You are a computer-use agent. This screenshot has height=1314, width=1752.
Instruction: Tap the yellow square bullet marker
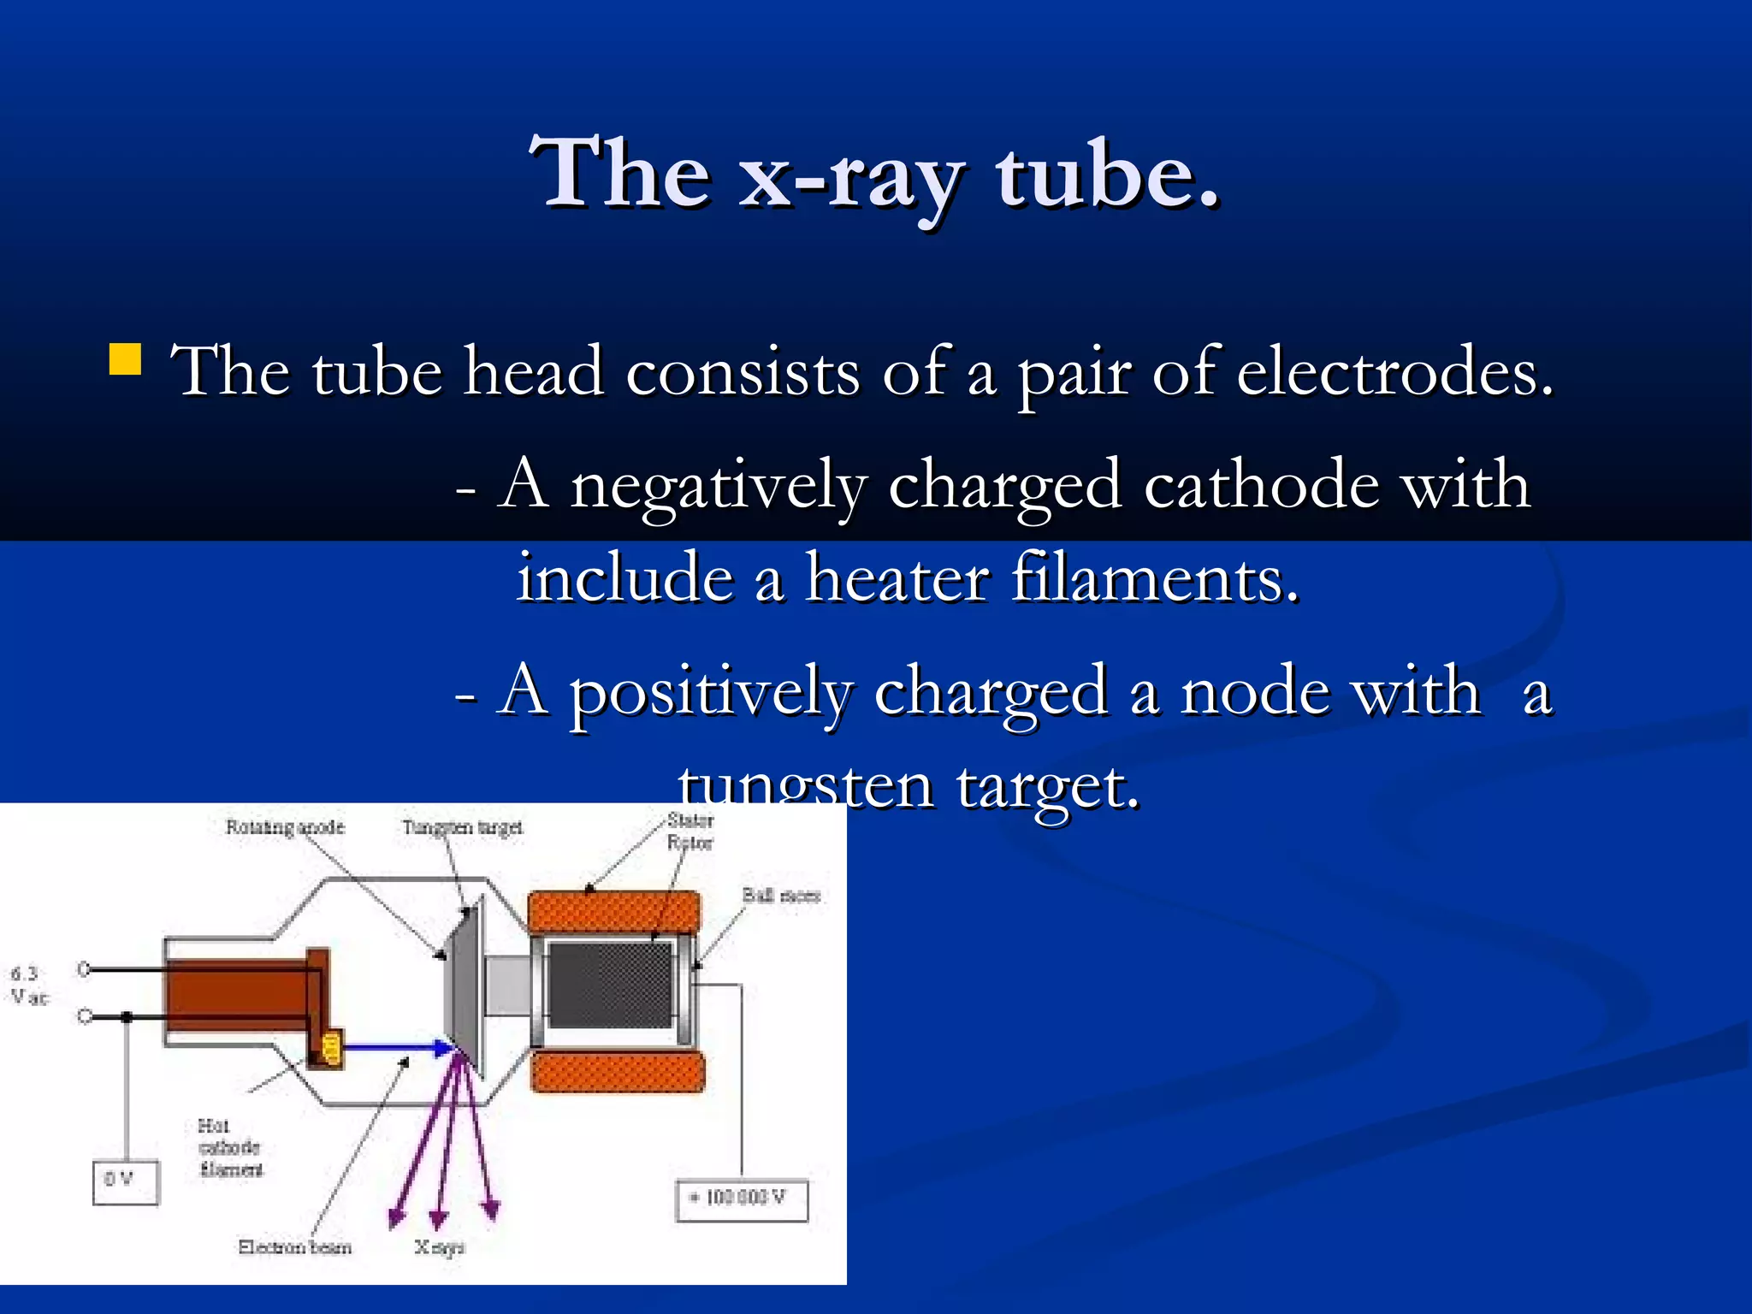tap(125, 360)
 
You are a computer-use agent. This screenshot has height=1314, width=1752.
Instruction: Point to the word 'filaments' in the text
tap(1155, 579)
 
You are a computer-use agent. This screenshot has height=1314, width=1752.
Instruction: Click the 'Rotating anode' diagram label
tap(285, 827)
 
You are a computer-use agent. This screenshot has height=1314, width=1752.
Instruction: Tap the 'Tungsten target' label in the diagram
tap(462, 827)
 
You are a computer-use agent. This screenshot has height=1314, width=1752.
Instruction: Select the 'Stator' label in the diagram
tap(690, 820)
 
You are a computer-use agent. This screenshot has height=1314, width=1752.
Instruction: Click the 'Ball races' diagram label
tap(781, 896)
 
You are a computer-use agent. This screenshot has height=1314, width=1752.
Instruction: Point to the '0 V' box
tap(126, 1182)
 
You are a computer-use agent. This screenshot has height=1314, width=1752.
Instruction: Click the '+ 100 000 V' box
tap(742, 1199)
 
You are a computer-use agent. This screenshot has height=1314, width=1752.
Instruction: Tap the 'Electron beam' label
tap(294, 1247)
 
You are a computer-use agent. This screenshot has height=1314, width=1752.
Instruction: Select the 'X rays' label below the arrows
tap(439, 1247)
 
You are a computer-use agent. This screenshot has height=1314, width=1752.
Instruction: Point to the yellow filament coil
tap(331, 1048)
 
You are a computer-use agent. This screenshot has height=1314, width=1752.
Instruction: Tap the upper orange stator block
tap(613, 913)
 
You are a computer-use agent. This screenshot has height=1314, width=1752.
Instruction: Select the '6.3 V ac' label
tap(28, 985)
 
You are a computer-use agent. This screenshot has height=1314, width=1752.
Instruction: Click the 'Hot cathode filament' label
tap(229, 1147)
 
